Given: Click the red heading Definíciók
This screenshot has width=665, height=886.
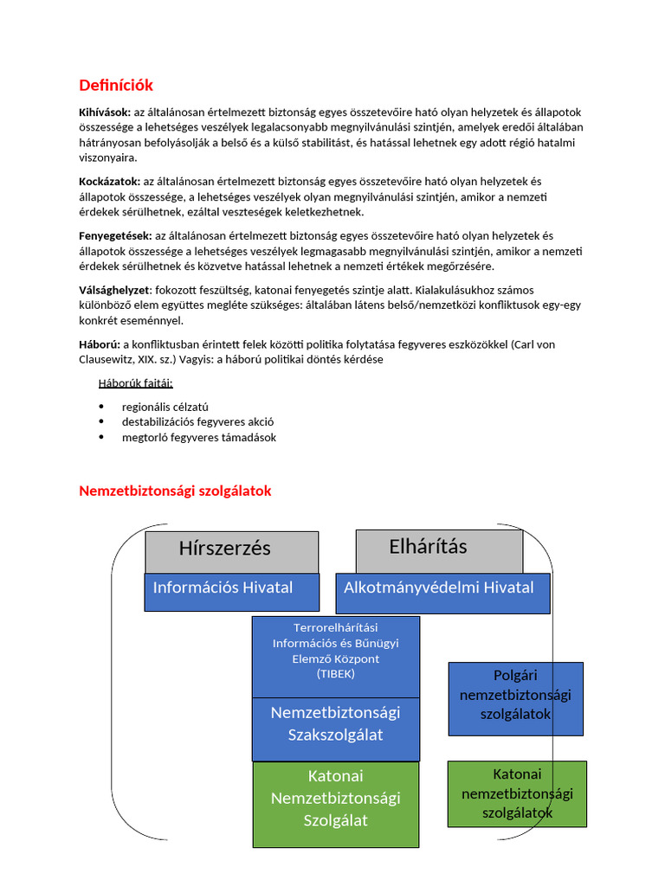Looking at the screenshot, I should click(x=116, y=85).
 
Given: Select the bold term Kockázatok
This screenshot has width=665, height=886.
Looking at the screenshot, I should click(x=109, y=181).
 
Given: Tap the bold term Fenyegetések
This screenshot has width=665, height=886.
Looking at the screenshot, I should click(x=115, y=235).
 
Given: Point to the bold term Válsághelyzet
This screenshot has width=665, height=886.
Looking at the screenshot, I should click(x=114, y=290).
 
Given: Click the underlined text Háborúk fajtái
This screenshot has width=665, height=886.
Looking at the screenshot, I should click(x=135, y=382).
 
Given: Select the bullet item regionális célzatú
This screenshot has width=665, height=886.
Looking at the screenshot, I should click(x=165, y=407).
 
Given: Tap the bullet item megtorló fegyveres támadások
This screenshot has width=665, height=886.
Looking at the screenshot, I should click(x=199, y=438).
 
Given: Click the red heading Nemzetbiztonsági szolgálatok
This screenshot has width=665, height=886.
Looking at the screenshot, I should click(x=175, y=491).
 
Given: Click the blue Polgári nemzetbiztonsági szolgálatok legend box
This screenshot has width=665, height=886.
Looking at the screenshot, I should click(x=515, y=697).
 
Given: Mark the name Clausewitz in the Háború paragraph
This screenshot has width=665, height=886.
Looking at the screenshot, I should click(x=112, y=359).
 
